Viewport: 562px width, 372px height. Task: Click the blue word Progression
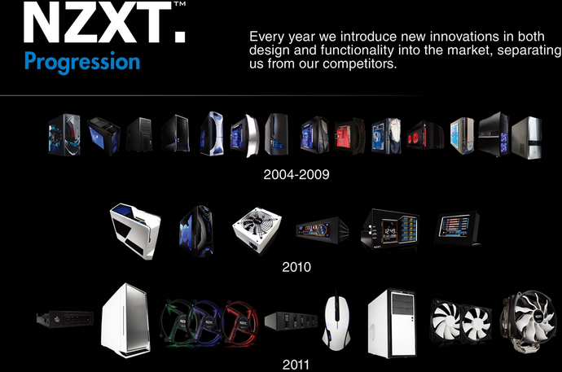click(x=81, y=62)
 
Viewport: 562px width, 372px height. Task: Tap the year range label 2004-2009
click(x=296, y=174)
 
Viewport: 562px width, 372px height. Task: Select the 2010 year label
click(x=296, y=266)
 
